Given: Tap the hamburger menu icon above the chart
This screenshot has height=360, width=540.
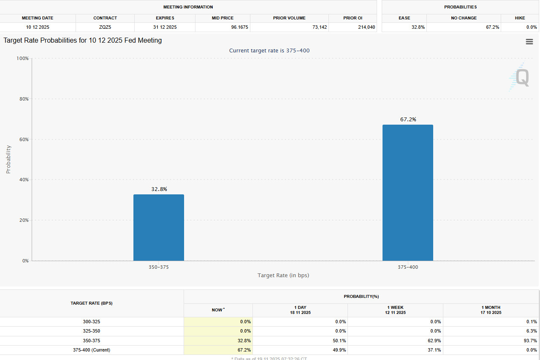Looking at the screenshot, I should (x=529, y=42).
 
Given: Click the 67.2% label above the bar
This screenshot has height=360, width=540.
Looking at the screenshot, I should (x=408, y=120).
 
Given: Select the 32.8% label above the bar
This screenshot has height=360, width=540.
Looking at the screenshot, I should (x=159, y=189).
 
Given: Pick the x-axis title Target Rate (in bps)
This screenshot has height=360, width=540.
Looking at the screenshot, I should (x=283, y=275).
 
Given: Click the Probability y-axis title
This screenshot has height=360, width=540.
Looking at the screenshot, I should (x=8, y=159).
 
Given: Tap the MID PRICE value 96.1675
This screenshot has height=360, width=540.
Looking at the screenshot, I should (x=239, y=27).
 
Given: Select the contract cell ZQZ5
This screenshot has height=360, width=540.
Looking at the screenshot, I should (x=105, y=27).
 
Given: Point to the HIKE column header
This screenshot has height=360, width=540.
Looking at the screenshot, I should (x=519, y=18).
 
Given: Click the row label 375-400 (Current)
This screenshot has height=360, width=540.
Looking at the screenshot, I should (x=92, y=350).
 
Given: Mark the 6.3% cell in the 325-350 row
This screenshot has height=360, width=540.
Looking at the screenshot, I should (x=531, y=331).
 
